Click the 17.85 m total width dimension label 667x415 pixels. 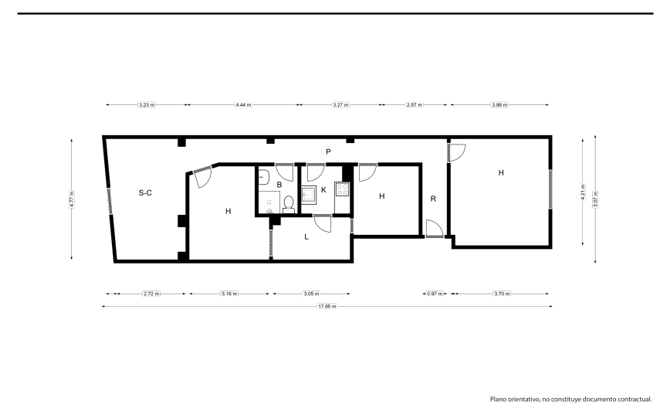point(327,306)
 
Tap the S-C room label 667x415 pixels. point(145,192)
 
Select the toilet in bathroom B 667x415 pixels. point(289,204)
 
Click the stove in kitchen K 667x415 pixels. point(342,189)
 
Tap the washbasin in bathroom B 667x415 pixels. point(263,177)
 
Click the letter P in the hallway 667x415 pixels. point(328,151)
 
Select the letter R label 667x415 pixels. point(433,199)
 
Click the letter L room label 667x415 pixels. point(306,236)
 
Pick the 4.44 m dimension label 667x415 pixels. point(243,104)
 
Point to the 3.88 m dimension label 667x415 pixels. point(499,104)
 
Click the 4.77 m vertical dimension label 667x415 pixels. point(72,199)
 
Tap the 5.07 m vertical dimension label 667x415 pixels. point(595,199)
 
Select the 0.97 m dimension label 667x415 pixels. point(435,294)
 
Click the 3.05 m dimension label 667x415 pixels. point(311,294)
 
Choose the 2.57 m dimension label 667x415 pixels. point(415,104)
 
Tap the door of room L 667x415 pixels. point(322,224)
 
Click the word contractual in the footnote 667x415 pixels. point(635,400)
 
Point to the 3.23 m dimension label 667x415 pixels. point(147,104)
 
